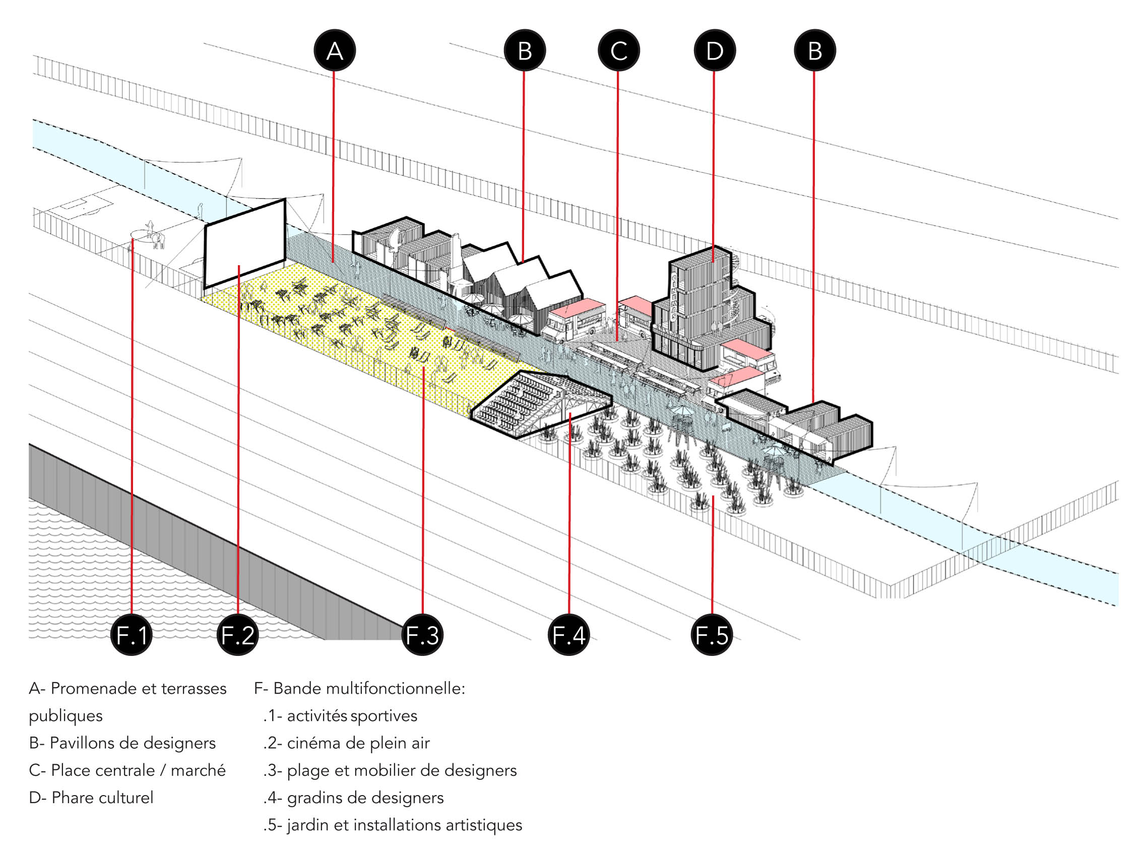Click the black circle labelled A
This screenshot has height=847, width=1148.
[x=335, y=51]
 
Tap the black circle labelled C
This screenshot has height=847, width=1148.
[x=618, y=51]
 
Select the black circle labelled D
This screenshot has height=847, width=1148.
[x=715, y=51]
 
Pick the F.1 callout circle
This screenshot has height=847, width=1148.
[x=132, y=635]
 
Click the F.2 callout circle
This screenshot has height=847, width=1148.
[x=238, y=635]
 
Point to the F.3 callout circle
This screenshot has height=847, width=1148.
[x=422, y=635]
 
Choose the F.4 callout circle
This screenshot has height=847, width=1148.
[x=569, y=635]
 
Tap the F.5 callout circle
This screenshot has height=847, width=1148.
[x=712, y=635]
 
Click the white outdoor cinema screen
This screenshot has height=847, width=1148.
[x=245, y=244]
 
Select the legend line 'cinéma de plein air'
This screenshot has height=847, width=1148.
[x=358, y=743]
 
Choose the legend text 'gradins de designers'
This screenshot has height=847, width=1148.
[x=365, y=798]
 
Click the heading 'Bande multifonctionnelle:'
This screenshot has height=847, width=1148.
[x=368, y=688]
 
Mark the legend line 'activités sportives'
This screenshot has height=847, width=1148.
[x=352, y=716]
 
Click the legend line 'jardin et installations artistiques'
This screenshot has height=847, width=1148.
[x=404, y=825]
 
